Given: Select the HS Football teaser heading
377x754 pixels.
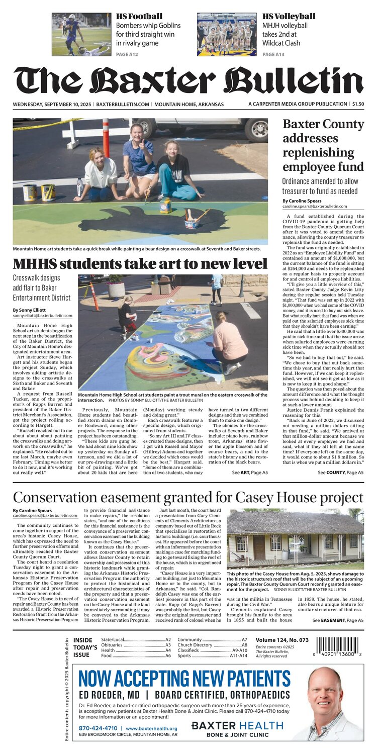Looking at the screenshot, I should coord(139,17).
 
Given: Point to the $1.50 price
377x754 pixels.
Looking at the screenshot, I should coord(358,104).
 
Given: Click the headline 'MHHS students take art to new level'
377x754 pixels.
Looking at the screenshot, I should coord(140,264).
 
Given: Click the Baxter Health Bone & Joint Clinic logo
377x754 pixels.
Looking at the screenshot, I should coord(237,729).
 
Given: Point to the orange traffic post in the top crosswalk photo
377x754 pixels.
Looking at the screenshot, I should coord(106,138).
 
